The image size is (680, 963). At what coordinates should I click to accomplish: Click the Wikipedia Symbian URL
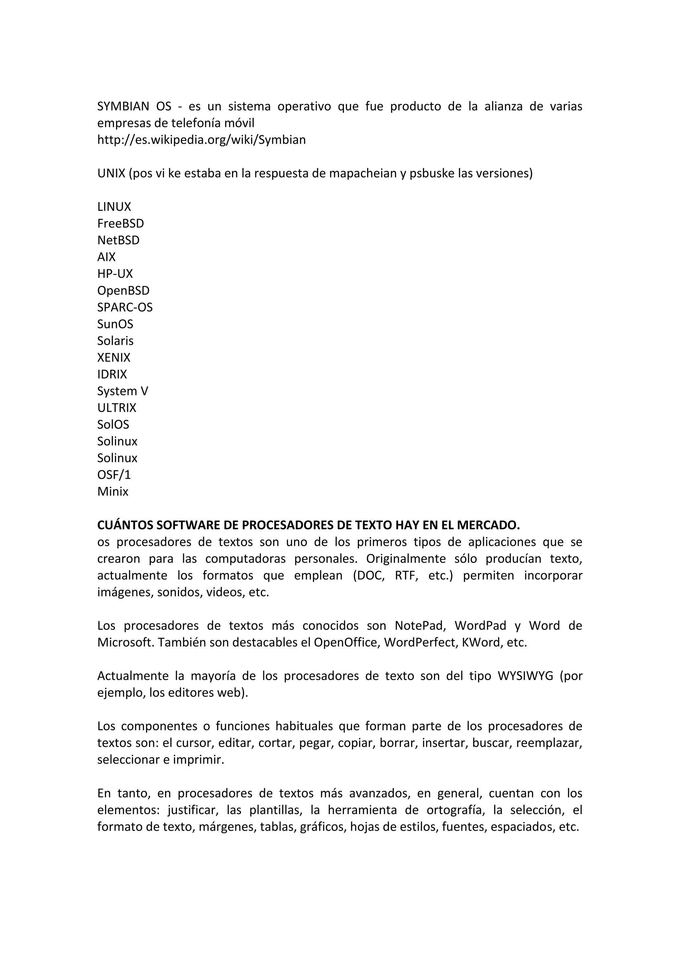[201, 140]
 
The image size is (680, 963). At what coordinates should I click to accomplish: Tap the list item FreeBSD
[120, 224]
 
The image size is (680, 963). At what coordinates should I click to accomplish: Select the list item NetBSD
[118, 240]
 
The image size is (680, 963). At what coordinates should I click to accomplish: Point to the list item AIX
[107, 257]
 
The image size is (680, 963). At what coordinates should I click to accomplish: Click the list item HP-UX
[115, 274]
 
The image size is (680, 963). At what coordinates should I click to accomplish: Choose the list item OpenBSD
[123, 291]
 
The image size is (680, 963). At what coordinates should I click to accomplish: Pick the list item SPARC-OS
[125, 307]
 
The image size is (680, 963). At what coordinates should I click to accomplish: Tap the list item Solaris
[115, 341]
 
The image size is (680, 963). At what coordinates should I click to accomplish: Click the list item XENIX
[114, 357]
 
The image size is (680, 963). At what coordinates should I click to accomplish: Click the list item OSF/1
[114, 475]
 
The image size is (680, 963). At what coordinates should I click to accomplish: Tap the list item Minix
[113, 492]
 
